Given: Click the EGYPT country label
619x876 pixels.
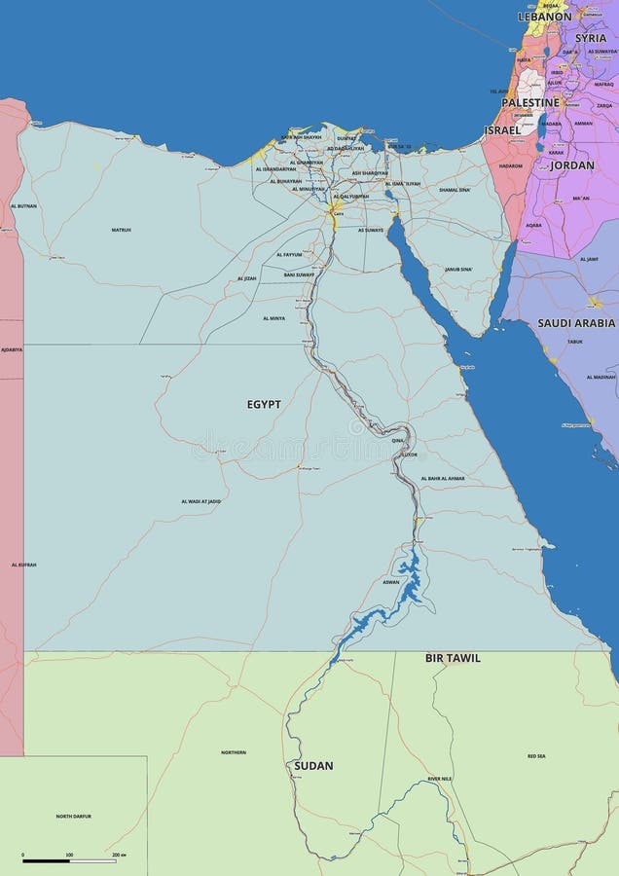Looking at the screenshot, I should [x=264, y=404].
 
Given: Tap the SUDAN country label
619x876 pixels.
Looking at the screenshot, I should [x=313, y=766].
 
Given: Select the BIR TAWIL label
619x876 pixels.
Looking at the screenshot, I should [x=453, y=658].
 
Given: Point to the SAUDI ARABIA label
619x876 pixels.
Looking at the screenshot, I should [x=576, y=322].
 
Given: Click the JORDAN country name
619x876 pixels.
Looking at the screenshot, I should [x=572, y=165].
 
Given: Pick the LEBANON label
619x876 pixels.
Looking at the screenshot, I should [x=544, y=17].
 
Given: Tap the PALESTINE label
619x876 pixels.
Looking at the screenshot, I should [x=530, y=102].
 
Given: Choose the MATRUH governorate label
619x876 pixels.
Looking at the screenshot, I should [x=121, y=230].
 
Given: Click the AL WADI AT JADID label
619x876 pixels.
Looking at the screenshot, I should [x=200, y=501].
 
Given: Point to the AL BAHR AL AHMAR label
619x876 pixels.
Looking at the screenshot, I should [x=443, y=479].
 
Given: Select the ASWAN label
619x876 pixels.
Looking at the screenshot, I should [x=390, y=582].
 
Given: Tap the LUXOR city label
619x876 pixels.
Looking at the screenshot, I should [x=409, y=455].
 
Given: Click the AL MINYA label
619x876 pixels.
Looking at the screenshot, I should [x=273, y=318].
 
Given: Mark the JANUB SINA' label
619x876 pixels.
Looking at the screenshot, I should [x=458, y=269].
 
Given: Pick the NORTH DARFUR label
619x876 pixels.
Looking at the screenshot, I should [x=73, y=816].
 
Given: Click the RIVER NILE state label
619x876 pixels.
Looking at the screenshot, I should [x=440, y=779].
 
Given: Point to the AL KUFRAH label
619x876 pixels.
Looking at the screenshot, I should [x=23, y=565].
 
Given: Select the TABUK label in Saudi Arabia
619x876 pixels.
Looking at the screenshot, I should [x=574, y=342].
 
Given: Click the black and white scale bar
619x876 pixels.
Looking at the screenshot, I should [x=69, y=861].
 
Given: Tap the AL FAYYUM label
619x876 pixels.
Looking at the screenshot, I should [x=289, y=255].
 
